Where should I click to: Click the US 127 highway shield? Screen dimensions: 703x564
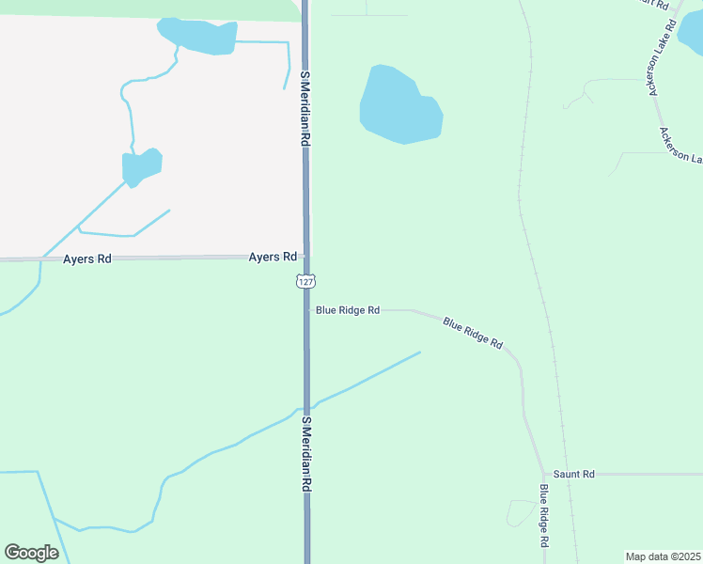(305, 281)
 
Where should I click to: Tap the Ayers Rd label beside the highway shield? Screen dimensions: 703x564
(273, 257)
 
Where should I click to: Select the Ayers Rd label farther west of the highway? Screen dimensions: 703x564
(87, 258)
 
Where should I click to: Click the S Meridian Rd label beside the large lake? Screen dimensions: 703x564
(305, 106)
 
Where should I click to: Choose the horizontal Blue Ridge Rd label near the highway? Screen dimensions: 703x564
(347, 309)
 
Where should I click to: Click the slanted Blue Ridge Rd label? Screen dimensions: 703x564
(473, 333)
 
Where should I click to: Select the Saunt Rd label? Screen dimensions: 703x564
(574, 475)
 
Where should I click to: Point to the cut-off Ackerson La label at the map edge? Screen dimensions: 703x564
(680, 145)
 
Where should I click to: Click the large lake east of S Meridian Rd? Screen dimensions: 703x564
(398, 105)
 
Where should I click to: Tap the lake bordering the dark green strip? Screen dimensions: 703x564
(198, 37)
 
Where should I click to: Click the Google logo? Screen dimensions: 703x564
(31, 553)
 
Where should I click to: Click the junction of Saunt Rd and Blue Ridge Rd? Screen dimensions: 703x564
(543, 474)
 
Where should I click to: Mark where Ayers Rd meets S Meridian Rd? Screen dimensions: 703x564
(305, 257)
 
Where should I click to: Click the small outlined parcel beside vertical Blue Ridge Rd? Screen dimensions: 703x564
(520, 513)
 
